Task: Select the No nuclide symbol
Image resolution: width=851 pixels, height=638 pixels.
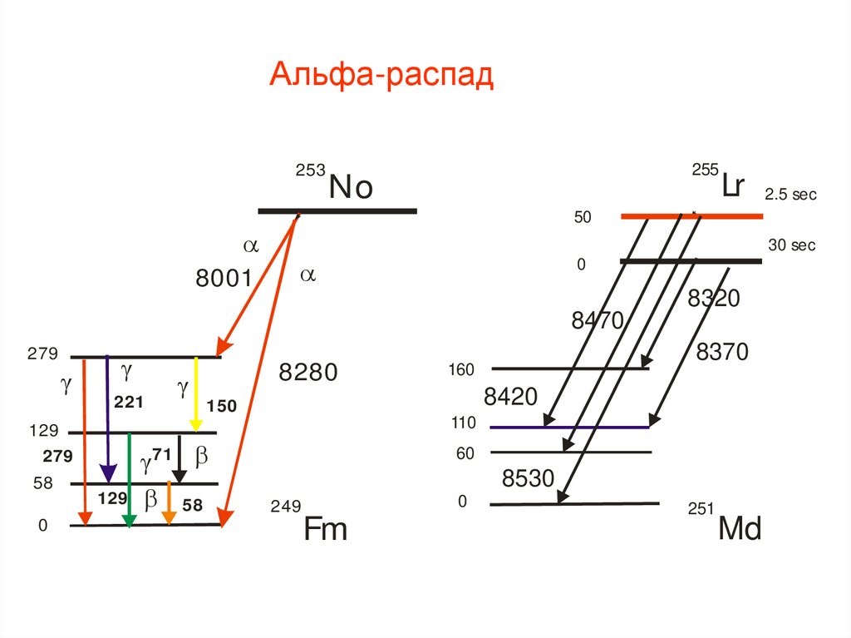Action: [x=350, y=187]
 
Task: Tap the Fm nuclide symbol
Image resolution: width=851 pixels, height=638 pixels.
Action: [x=325, y=529]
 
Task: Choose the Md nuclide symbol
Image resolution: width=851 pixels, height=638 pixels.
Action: [x=740, y=529]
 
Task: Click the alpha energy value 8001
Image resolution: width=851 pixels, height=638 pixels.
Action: [x=224, y=279]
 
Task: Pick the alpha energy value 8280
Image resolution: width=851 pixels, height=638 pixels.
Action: [x=308, y=372]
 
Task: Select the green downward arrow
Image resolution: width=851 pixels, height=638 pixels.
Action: [x=129, y=479]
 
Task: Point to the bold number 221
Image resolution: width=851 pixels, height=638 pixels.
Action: [x=129, y=403]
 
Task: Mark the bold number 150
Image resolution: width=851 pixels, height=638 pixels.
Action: [x=222, y=407]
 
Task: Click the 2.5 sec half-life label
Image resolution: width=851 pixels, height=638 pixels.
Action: [x=791, y=195]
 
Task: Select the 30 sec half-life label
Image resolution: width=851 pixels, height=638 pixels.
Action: [x=791, y=245]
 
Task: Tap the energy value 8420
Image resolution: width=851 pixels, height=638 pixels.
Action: [x=511, y=398]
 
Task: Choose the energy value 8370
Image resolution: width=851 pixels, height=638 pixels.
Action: [x=722, y=353]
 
